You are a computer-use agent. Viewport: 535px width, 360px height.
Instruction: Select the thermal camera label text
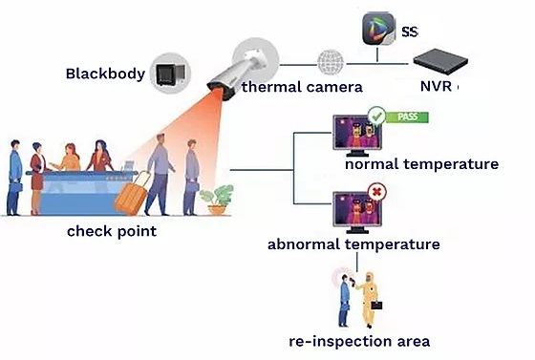point(302,87)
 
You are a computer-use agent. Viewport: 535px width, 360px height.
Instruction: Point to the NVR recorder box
point(442,60)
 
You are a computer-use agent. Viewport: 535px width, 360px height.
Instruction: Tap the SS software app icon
point(377,31)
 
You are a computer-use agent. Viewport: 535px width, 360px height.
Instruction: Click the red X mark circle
point(376,193)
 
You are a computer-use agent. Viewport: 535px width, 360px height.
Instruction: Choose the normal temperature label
point(421,164)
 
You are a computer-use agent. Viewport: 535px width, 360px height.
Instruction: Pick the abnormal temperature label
point(353,244)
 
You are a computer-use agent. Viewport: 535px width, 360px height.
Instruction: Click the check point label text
point(112,231)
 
